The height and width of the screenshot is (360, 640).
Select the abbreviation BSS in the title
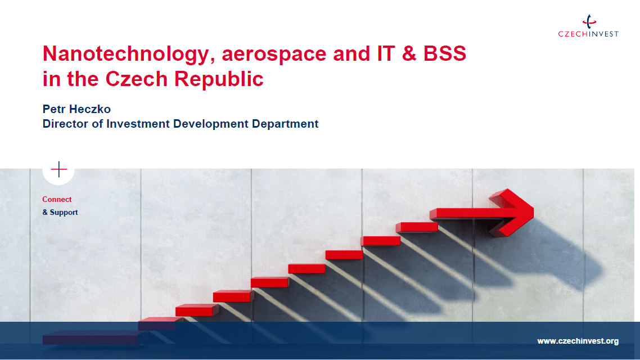click(x=444, y=53)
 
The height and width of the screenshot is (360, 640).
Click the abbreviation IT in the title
click(x=386, y=53)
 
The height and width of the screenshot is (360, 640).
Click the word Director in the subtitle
click(x=65, y=124)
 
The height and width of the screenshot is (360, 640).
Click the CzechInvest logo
click(x=588, y=26)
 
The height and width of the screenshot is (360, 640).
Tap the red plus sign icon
click(x=59, y=169)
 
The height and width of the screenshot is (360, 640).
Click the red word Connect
click(x=57, y=199)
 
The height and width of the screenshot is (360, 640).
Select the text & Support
click(x=60, y=212)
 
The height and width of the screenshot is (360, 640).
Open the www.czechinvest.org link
click(x=578, y=341)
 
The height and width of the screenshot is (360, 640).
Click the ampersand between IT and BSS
click(x=409, y=53)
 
